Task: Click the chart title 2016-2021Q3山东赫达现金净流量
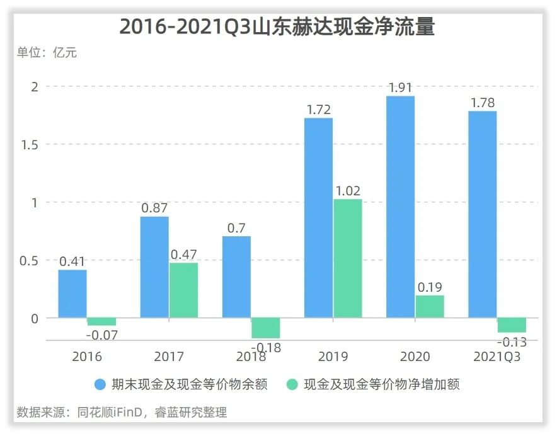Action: (277, 27)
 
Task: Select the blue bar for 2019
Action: (318, 217)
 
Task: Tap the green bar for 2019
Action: (347, 258)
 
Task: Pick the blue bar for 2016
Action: (72, 294)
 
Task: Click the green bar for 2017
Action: (183, 290)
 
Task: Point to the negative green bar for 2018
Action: (265, 328)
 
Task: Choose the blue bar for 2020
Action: (400, 207)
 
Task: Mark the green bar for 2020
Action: (429, 306)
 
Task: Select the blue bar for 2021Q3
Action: (482, 214)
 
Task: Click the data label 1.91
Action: (400, 88)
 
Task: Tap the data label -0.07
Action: (101, 335)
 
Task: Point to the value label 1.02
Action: (347, 190)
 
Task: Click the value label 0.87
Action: (154, 208)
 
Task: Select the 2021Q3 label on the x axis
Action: (497, 357)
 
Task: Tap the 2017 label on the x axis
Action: (169, 357)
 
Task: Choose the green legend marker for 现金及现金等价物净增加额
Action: (292, 384)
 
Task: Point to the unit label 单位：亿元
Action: (47, 53)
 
